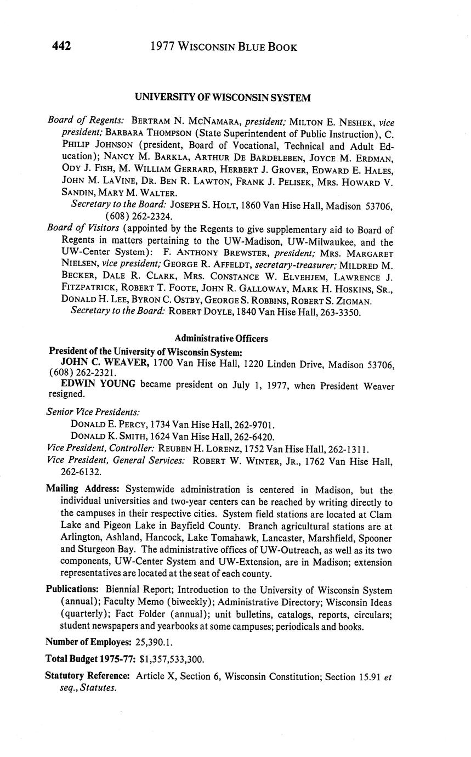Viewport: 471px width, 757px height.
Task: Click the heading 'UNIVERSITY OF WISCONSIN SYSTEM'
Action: click(x=223, y=98)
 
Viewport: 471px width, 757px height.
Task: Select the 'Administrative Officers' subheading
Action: click(x=221, y=338)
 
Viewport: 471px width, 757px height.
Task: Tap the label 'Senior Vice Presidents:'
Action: click(x=93, y=411)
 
